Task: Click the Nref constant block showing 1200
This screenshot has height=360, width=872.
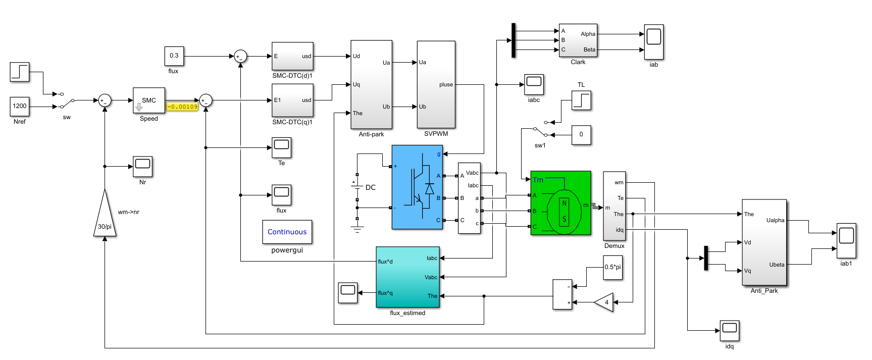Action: [x=20, y=106]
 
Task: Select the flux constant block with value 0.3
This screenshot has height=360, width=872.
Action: [x=174, y=56]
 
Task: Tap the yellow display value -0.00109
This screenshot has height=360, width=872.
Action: [x=182, y=107]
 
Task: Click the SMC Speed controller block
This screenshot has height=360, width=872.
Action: [x=149, y=100]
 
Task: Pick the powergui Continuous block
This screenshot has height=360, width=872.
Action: [x=287, y=232]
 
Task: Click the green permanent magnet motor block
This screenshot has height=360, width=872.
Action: [x=560, y=203]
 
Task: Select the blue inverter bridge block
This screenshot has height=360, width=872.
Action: [x=417, y=187]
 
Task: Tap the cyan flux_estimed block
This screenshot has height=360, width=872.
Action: [x=407, y=277]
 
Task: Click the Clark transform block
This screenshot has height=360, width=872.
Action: [x=578, y=40]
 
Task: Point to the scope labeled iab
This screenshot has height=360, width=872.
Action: [x=654, y=42]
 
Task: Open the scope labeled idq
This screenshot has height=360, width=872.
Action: [x=730, y=331]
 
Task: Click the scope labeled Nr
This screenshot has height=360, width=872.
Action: [x=143, y=167]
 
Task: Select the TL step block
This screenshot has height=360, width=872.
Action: [x=581, y=100]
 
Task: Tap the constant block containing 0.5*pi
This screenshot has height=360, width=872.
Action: [x=612, y=267]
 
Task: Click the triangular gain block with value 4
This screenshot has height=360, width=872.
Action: [x=605, y=302]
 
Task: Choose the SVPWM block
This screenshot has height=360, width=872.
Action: [x=436, y=84]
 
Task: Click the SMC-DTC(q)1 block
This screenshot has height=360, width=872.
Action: [x=292, y=100]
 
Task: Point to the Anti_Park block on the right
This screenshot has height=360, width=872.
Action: [x=764, y=242]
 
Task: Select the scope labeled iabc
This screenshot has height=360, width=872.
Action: [x=534, y=84]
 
